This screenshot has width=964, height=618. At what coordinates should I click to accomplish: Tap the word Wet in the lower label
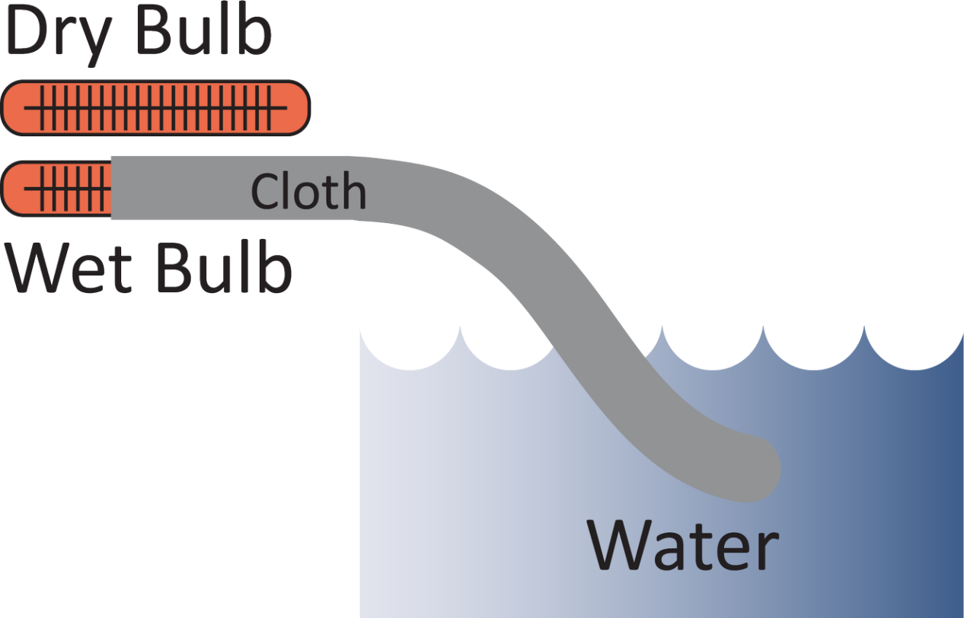click(x=72, y=268)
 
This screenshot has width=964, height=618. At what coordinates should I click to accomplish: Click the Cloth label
click(x=308, y=191)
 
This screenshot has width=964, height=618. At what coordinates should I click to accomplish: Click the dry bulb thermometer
click(x=156, y=108)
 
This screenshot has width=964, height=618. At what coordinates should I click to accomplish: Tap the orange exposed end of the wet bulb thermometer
click(x=57, y=189)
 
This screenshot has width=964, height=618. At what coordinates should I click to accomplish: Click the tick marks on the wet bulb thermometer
click(x=72, y=189)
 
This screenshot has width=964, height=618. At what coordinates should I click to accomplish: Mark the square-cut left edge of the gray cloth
click(x=113, y=188)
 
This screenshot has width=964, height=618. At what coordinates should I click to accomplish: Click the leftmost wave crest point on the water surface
click(x=460, y=329)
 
